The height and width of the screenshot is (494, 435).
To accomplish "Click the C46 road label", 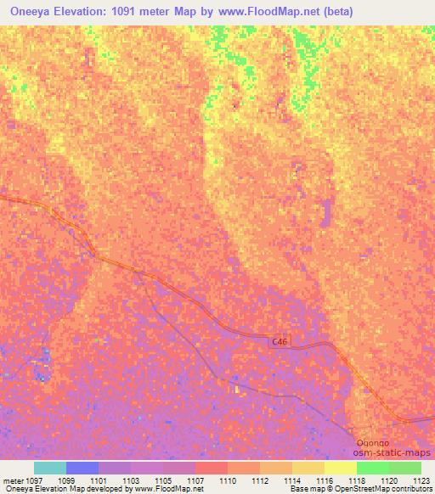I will (x=280, y=340).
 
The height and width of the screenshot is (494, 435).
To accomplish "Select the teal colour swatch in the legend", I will (x=49, y=468).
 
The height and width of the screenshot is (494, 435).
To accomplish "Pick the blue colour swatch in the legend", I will (x=82, y=468).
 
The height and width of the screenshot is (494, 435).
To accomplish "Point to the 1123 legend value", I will (x=421, y=480).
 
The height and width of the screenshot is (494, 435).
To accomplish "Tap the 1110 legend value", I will (x=228, y=480).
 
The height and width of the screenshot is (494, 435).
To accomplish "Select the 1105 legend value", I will (x=164, y=480).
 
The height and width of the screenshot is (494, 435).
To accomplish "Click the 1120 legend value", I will (x=388, y=480).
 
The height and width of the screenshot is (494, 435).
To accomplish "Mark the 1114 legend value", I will (x=292, y=480).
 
